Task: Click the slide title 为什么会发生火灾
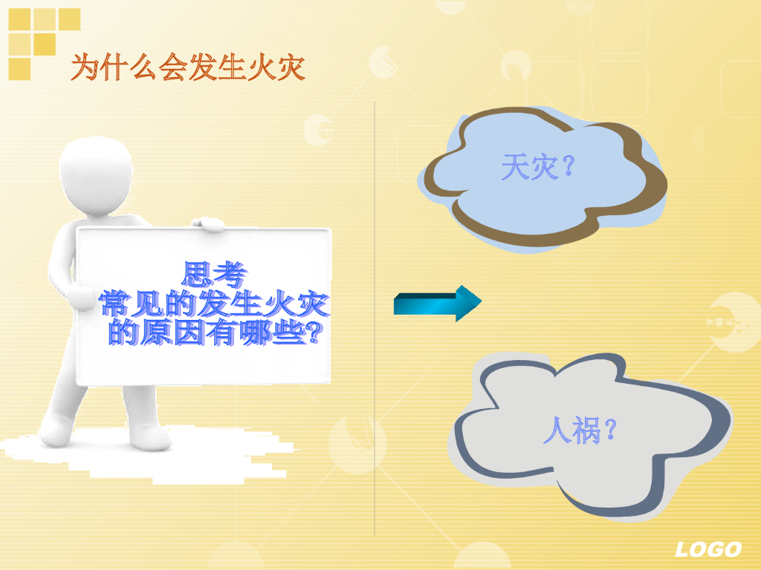coord(188,68)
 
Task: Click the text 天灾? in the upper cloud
coord(538,167)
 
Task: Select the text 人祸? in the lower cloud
coord(580,430)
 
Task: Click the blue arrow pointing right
coord(438,303)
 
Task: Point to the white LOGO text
coord(707,549)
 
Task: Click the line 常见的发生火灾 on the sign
coord(215,304)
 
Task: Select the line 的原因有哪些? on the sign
coord(215,332)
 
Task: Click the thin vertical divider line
coord(375,319)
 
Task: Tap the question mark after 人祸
coord(609,430)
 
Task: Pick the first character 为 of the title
coord(85,68)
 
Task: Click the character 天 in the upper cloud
coord(514,167)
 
